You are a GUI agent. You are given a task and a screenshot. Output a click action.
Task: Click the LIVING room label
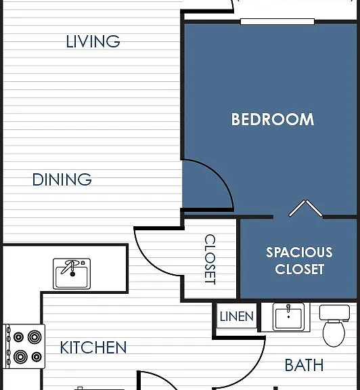pos(93,41)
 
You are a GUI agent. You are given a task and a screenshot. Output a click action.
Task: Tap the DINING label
pos(62,179)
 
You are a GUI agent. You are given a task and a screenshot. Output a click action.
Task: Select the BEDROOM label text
pos(273,119)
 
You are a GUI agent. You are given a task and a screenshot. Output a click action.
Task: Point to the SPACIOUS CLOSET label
pos(299,261)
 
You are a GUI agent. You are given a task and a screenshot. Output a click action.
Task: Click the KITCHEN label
pos(93,347)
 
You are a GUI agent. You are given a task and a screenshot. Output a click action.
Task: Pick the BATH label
pos(304,365)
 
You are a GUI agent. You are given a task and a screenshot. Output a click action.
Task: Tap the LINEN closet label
pos(237,316)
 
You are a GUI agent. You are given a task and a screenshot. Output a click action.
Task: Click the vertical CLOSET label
pos(210,259)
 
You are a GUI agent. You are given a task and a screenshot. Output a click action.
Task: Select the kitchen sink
pos(72,274)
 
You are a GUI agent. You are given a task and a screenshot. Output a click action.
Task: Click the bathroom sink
pos(288,317)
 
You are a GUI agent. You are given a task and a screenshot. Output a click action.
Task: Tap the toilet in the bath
pos(334,326)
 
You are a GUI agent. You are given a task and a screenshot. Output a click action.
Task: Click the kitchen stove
pos(24,346)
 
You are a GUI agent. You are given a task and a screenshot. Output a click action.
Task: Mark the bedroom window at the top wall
pos(277,22)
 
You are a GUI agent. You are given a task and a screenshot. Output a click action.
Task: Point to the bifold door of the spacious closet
pos(306,208)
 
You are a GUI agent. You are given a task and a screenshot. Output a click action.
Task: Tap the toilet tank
pos(334,312)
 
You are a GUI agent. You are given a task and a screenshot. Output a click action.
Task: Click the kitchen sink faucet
pos(71,267)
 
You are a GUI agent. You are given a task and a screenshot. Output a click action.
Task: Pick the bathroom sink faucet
pos(288,309)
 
